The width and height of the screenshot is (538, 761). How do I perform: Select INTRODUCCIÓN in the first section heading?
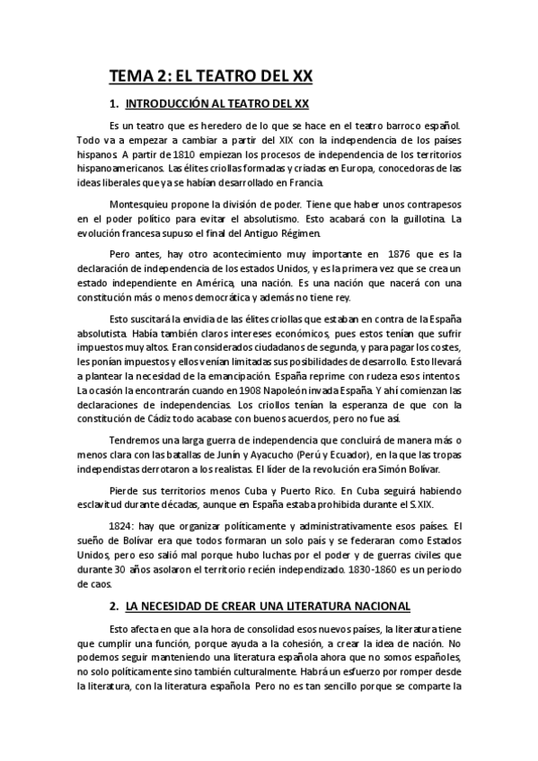point(171,104)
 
